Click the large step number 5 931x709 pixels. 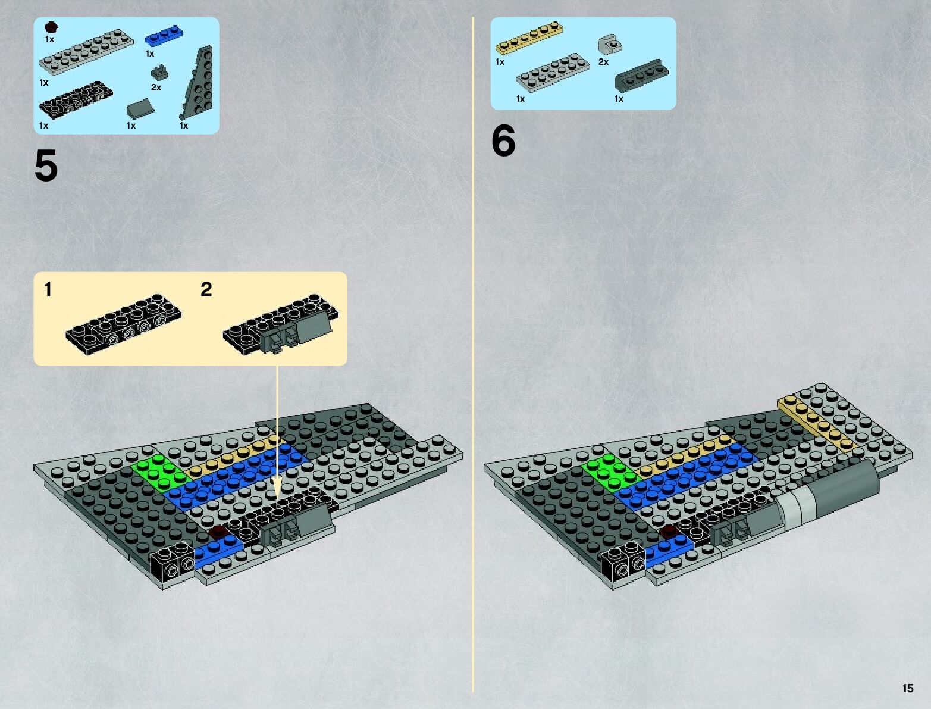[x=46, y=166]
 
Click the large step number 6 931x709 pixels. [x=503, y=141]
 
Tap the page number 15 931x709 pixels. [x=908, y=688]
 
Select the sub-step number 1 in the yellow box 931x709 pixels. [x=48, y=289]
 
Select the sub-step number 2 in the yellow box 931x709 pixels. [x=206, y=289]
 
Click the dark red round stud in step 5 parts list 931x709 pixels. [x=51, y=27]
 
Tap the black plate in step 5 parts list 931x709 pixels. [x=76, y=100]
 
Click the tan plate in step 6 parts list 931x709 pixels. [x=529, y=38]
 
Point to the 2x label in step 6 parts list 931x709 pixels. [x=603, y=62]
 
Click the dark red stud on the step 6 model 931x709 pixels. [x=669, y=530]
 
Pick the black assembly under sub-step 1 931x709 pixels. [x=123, y=323]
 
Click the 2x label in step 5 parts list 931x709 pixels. [x=156, y=88]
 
